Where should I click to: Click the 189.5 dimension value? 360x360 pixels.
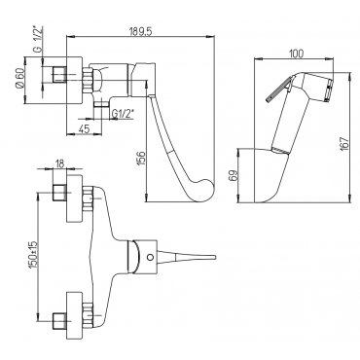tap(140, 31)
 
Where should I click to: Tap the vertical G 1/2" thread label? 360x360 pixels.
tap(38, 39)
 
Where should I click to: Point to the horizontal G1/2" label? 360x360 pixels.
tap(124, 114)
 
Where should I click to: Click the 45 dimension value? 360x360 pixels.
tap(84, 129)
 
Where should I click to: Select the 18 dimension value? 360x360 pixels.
tap(59, 164)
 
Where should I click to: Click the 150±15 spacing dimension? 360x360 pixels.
tap(34, 254)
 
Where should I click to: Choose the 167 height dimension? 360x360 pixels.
tap(344, 142)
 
